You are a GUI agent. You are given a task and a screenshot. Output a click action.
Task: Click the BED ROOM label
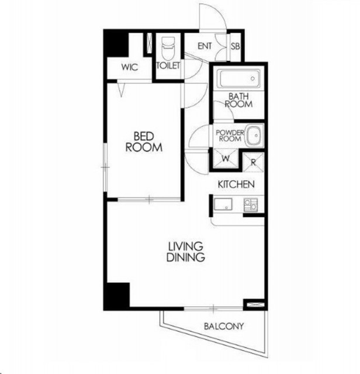click(144, 142)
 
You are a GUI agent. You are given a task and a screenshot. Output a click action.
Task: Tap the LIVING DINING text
click(186, 252)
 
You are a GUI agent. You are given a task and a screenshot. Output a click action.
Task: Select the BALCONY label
click(224, 326)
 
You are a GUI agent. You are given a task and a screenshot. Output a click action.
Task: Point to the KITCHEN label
click(236, 184)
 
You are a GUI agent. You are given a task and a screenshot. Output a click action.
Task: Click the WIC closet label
click(130, 67)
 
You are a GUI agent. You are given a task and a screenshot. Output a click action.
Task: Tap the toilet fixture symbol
click(168, 49)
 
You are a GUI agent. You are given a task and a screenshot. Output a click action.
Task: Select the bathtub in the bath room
click(240, 78)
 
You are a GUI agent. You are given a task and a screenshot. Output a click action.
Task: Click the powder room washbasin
click(255, 136)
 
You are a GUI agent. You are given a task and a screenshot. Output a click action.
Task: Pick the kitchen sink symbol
click(223, 204)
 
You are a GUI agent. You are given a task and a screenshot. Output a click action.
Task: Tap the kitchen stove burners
click(251, 205)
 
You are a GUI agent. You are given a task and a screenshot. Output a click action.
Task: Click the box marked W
click(226, 158)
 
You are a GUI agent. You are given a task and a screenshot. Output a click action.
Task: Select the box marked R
click(254, 162)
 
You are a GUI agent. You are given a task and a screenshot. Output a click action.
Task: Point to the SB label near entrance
click(235, 46)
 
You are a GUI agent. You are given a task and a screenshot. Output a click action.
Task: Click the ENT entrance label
click(205, 46)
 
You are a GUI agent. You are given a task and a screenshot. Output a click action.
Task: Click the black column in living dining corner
click(118, 295)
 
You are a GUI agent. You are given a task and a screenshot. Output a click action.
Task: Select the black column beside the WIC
click(117, 44)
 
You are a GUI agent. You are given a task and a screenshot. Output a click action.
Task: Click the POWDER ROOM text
click(230, 136)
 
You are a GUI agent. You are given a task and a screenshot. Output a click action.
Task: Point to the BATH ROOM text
click(238, 100)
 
